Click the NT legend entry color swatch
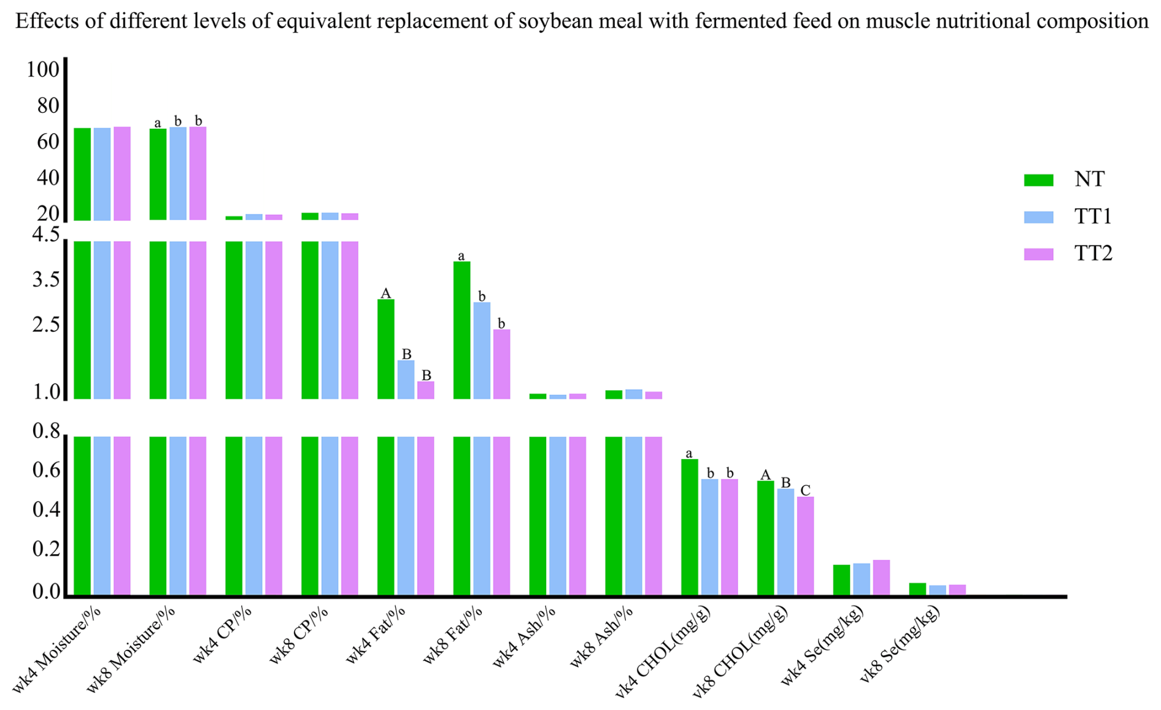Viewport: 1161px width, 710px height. click(x=1038, y=180)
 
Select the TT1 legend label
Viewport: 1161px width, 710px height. click(x=1093, y=217)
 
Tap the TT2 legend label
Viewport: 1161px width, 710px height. click(x=1093, y=253)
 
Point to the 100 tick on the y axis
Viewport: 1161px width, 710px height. click(x=43, y=70)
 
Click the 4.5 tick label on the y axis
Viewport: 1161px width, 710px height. click(x=46, y=235)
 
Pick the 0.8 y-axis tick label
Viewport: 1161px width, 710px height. click(x=46, y=432)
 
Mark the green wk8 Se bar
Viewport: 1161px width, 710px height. click(x=917, y=588)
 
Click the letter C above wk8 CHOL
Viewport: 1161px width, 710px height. click(x=805, y=490)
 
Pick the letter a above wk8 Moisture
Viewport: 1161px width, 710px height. click(x=158, y=123)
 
